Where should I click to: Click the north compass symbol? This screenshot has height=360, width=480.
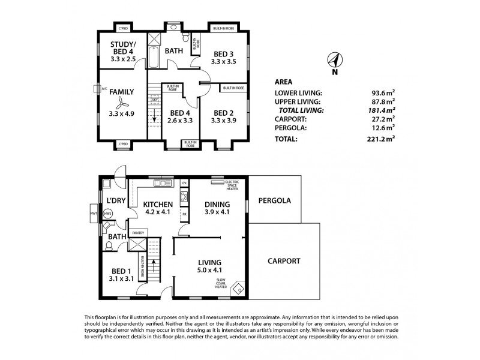coord(334,59)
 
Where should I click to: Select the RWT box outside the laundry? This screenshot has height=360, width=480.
coord(94,213)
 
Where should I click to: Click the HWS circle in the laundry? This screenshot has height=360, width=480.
coord(108,213)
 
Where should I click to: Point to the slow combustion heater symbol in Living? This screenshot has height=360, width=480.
coord(238,289)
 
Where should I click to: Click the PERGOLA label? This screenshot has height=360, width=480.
coord(274,200)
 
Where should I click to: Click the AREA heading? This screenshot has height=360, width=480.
coord(283,82)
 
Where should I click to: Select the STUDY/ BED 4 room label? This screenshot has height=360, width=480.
coord(123,48)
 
